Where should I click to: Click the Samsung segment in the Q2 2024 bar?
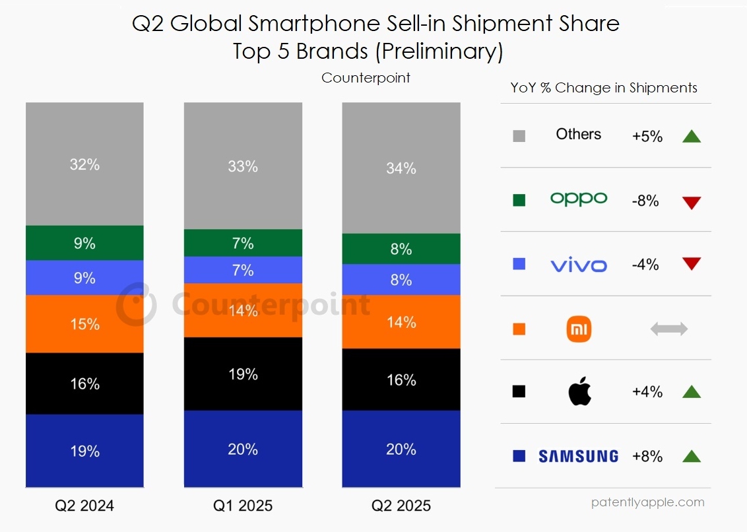click(x=84, y=451)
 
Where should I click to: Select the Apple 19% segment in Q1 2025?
click(x=243, y=374)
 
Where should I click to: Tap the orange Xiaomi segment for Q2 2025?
click(x=401, y=321)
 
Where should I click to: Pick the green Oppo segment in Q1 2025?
click(x=243, y=243)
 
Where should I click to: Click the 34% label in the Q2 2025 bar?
click(x=401, y=168)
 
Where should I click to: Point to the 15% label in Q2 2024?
click(x=84, y=324)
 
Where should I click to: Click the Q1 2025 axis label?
click(x=243, y=506)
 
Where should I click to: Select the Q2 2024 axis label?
click(x=84, y=506)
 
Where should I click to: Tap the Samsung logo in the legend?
click(x=578, y=456)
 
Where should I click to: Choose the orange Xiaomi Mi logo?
click(x=579, y=329)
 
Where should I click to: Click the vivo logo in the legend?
click(x=578, y=265)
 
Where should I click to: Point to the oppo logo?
click(x=578, y=199)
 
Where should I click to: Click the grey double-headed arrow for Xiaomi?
click(x=669, y=329)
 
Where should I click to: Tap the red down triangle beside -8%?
click(x=691, y=203)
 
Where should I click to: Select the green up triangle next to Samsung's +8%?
click(x=691, y=456)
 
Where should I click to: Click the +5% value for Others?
click(x=647, y=137)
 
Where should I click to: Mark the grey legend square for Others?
click(x=519, y=137)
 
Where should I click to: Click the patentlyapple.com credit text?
click(x=647, y=502)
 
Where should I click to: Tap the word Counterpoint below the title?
click(x=366, y=78)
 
